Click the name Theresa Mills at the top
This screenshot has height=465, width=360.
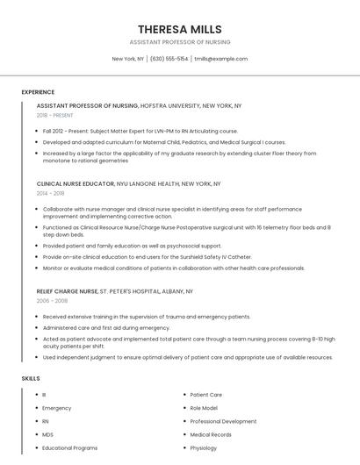pos(180,29)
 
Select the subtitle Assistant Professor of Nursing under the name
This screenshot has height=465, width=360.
pos(180,42)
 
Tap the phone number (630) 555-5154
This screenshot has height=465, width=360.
pos(169,59)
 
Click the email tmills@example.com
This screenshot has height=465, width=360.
pos(221,59)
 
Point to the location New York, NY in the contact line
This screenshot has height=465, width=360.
pos(128,59)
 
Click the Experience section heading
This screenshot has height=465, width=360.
pos(38,92)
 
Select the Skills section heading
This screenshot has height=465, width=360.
pos(31,378)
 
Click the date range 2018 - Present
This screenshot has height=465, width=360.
pos(55,115)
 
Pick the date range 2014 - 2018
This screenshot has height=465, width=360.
pos(51,193)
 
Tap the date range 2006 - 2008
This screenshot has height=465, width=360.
pos(52,300)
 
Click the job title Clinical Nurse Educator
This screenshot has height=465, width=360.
pos(76,184)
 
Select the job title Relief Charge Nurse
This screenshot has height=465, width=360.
pos(68,290)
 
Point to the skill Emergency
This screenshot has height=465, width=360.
pos(57,408)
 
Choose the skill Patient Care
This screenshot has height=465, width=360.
pos(206,395)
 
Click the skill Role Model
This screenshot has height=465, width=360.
pos(204,408)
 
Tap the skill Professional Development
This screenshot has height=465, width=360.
pos(223,421)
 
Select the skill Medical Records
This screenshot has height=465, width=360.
pos(211,434)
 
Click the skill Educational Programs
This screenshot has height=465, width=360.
pos(70,447)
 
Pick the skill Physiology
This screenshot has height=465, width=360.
pos(204,447)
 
